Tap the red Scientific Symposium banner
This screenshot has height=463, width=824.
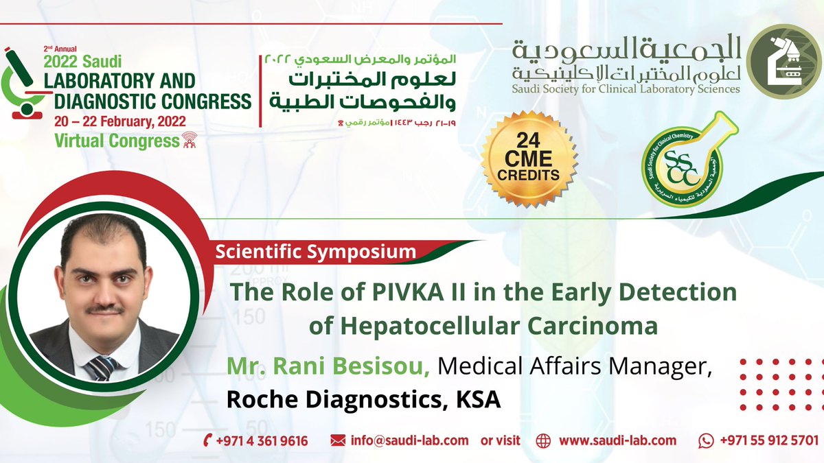pyautogui.click(x=316, y=251)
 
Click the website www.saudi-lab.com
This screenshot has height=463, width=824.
pyautogui.click(x=617, y=440)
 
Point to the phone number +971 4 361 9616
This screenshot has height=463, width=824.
pyautogui.click(x=262, y=440)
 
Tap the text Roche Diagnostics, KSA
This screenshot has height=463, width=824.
pyautogui.click(x=365, y=400)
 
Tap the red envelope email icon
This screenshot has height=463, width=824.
pyautogui.click(x=338, y=440)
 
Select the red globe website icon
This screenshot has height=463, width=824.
pyautogui.click(x=543, y=440)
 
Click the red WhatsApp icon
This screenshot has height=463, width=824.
pyautogui.click(x=707, y=440)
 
